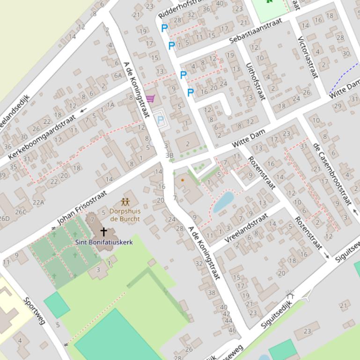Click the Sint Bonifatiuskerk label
(x=104, y=242)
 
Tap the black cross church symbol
(x=104, y=232)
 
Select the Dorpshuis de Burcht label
(x=125, y=215)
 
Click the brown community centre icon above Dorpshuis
(x=125, y=202)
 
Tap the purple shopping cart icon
(x=150, y=99)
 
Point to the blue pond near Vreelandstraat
(x=223, y=201)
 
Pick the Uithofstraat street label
(x=255, y=81)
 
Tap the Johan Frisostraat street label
(x=82, y=207)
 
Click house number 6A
(x=118, y=75)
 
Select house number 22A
(x=38, y=202)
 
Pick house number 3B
(x=169, y=155)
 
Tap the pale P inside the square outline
(x=161, y=120)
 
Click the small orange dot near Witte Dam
(x=183, y=180)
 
